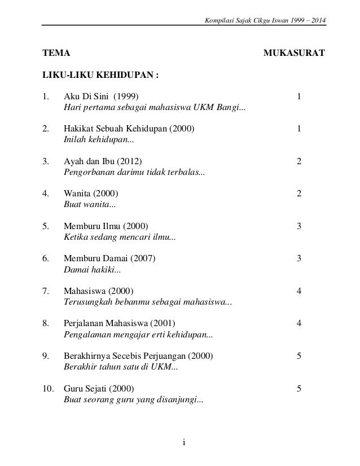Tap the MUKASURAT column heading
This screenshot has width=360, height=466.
pyautogui.click(x=294, y=55)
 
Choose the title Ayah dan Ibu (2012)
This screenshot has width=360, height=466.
pyautogui.click(x=104, y=161)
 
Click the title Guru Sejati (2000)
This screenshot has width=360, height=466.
pyautogui.click(x=99, y=388)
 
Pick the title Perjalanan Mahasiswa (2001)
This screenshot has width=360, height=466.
pyautogui.click(x=120, y=323)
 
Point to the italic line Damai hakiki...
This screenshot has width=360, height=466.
pyautogui.click(x=92, y=270)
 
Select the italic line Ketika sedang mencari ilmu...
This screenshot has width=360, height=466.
pyautogui.click(x=119, y=238)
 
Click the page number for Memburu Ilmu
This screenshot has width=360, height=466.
pyautogui.click(x=300, y=226)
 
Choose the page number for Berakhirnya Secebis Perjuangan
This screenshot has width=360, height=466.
pyautogui.click(x=300, y=356)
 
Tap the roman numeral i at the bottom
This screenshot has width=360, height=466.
pyautogui.click(x=184, y=441)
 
